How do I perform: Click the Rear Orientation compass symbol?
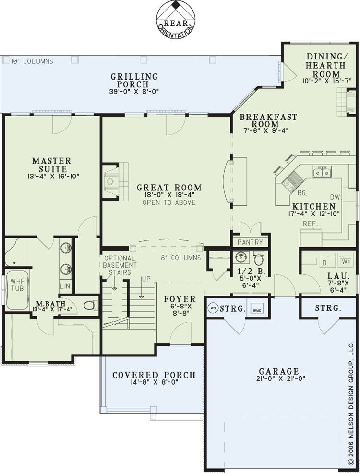(176, 20)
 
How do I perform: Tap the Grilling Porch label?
(134, 81)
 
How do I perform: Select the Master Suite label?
(52, 165)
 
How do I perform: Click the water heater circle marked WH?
(213, 308)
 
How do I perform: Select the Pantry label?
(250, 242)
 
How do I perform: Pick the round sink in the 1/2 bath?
(240, 258)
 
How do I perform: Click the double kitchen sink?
(322, 172)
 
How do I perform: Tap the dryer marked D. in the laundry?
(325, 262)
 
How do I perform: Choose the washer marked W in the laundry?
(345, 261)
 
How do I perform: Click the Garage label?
(279, 371)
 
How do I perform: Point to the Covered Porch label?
(154, 375)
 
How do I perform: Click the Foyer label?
(180, 299)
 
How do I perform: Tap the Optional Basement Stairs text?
(120, 265)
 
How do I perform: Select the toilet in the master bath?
(91, 306)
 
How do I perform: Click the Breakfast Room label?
(268, 120)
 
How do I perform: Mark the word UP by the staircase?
(146, 279)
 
